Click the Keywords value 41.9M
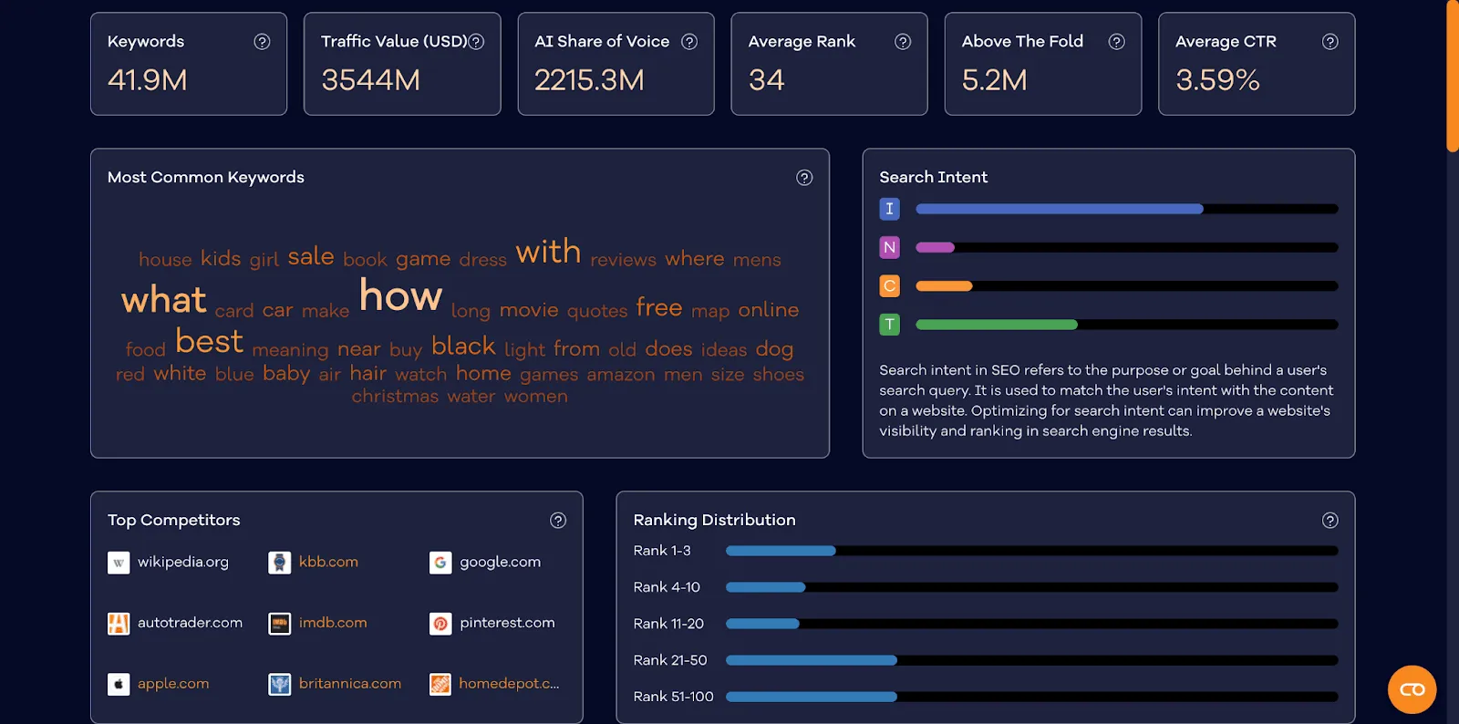148,80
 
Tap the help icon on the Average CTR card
1330,42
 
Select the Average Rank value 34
766,80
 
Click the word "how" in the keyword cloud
400,296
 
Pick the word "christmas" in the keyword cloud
395,397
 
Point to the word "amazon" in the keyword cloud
620,375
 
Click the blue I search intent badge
889,209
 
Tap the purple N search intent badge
889,247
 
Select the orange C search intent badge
889,286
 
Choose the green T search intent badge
889,325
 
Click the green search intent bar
996,325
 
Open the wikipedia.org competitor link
182,562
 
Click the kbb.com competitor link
328,562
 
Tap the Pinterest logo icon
440,624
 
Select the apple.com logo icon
119,684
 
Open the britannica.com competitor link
349,684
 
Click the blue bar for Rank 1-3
781,551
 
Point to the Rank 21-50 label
670,660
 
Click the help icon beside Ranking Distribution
1330,521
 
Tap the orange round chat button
1412,689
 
